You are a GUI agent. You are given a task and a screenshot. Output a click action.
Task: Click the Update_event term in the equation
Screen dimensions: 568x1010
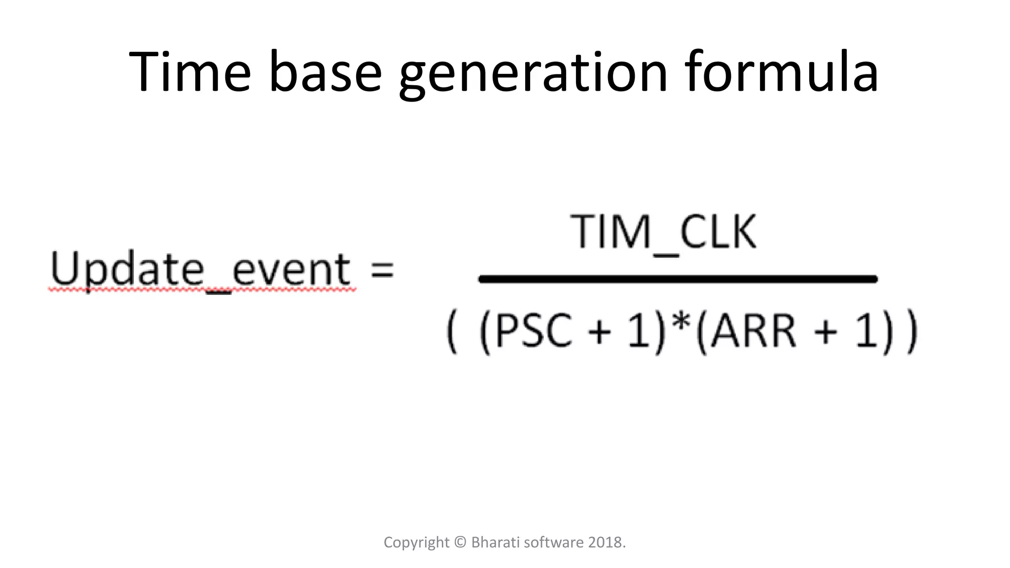pos(201,270)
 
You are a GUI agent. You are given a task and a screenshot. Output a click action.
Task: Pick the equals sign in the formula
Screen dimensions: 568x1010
pos(382,270)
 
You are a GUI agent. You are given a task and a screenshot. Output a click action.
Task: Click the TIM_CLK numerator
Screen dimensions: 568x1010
pos(663,233)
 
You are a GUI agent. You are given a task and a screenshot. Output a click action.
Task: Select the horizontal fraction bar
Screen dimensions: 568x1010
pos(678,279)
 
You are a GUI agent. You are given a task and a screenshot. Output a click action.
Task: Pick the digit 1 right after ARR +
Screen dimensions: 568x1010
pos(866,331)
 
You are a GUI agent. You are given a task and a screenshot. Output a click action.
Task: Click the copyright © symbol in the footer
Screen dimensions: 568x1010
pos(460,542)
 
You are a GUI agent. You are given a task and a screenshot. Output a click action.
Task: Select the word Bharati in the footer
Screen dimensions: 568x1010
pos(495,542)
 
